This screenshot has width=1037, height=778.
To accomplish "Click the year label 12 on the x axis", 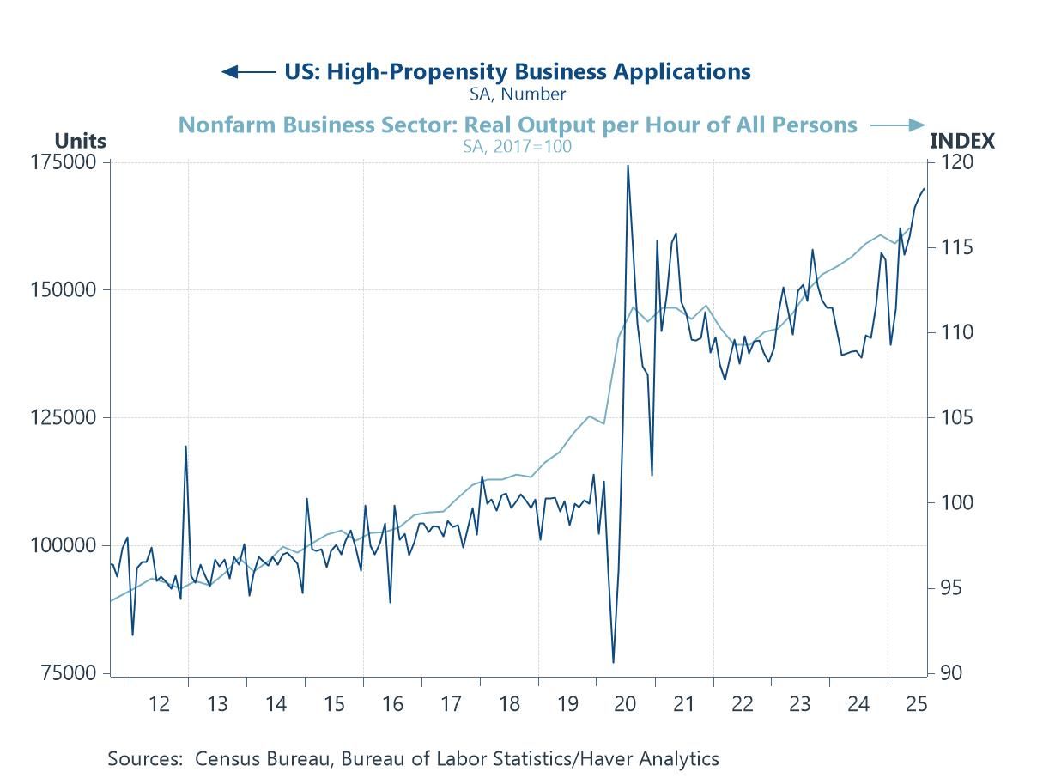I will click(159, 704).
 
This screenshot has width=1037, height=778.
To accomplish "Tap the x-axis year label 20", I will click(625, 704).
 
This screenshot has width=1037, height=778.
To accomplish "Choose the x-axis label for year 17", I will click(451, 704).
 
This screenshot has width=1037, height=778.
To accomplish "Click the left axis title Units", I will click(80, 141).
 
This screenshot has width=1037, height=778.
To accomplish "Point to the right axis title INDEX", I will click(962, 141).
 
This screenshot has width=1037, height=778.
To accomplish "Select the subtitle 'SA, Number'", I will click(518, 94).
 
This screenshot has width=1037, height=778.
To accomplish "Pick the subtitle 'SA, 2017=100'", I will click(518, 146).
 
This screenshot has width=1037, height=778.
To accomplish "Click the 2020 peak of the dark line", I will click(628, 166).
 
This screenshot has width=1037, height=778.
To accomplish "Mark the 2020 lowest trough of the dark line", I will click(613, 662).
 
